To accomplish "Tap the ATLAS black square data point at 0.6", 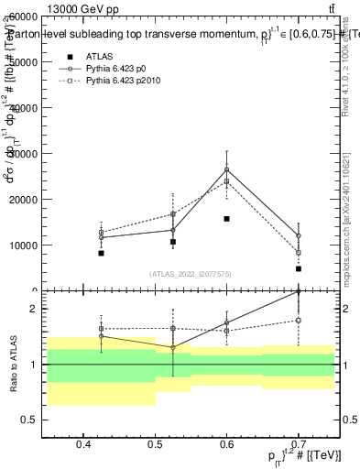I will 226,219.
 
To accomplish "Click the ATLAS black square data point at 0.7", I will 299,268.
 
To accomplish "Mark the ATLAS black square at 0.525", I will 172,242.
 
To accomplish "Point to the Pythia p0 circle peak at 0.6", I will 226,169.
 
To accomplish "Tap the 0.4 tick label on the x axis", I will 83,444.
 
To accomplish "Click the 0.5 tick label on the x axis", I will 155,444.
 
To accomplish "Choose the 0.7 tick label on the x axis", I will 299,444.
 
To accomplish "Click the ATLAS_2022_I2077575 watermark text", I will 191,273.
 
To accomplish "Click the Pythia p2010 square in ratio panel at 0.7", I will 299,320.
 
